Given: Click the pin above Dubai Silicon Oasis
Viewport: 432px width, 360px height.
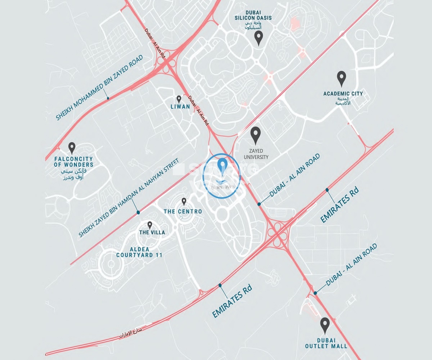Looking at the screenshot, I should tap(258, 37).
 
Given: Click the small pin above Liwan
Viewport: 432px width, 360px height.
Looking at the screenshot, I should tap(179, 99).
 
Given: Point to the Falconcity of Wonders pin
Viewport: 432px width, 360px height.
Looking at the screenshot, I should tap(72, 148).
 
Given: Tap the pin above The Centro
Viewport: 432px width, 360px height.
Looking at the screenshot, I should tap(184, 202).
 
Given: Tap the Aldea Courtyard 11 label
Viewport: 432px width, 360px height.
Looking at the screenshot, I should tap(139, 252).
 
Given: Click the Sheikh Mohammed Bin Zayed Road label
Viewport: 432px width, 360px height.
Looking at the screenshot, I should tap(100, 87).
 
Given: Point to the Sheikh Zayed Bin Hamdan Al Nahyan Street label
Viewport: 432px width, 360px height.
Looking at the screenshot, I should tap(129, 199).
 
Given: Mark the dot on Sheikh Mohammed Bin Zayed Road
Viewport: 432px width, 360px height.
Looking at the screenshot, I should tap(107, 98).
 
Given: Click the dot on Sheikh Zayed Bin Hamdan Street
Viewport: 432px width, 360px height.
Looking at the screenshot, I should tap(138, 213).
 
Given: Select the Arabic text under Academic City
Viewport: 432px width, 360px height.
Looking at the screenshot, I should tap(343, 101).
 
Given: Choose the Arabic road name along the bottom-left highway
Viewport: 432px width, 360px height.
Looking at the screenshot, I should tap(130, 333).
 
